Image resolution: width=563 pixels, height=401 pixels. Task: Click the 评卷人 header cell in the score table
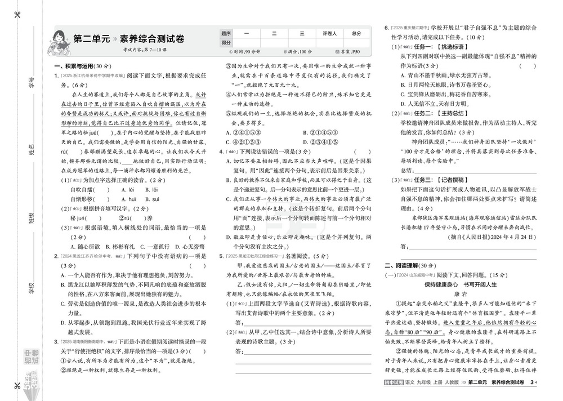pos(329,33)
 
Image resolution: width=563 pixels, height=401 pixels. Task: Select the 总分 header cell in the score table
pos(357,33)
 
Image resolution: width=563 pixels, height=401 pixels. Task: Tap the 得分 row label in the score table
pos(226,42)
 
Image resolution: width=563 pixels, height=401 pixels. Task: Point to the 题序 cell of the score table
pos(226,33)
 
